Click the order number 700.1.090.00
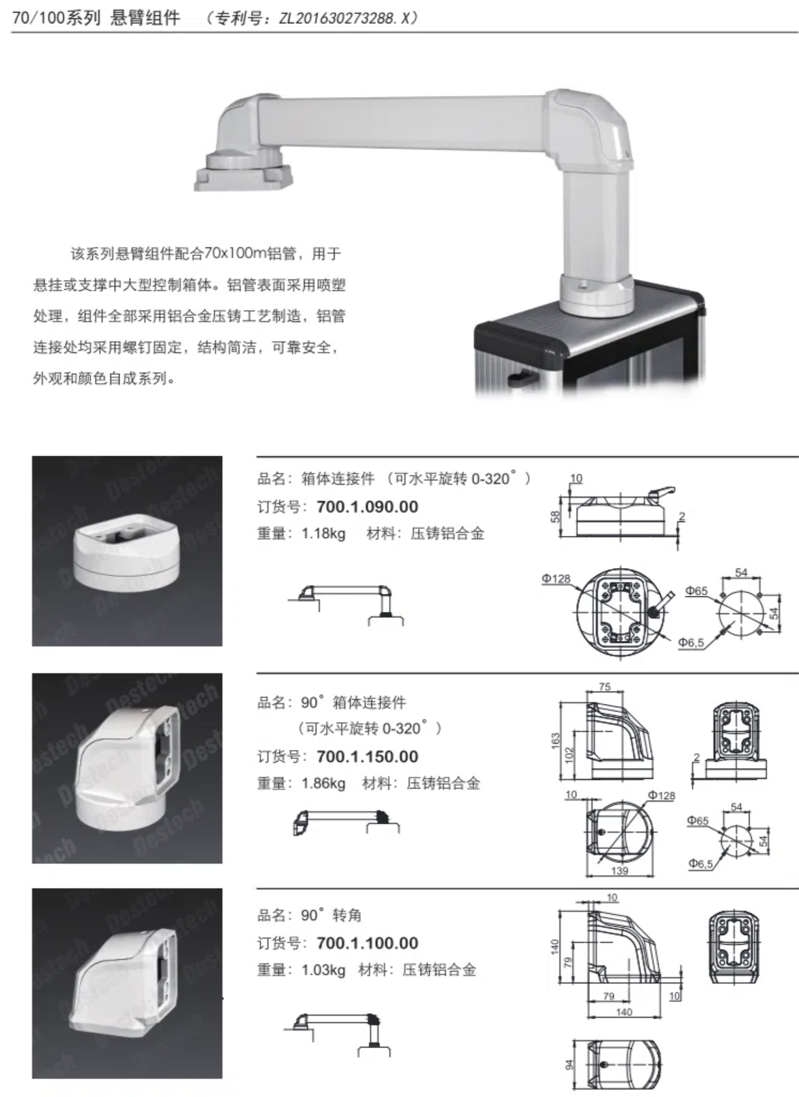[x=367, y=507]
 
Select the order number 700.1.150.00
[x=367, y=757]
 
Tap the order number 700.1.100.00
[x=367, y=943]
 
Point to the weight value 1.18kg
[x=324, y=534]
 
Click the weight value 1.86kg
[x=324, y=783]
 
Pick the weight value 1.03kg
[x=324, y=970]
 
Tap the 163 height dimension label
[x=556, y=740]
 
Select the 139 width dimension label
[x=619, y=870]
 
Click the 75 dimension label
[x=605, y=687]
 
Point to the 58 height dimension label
[x=556, y=516]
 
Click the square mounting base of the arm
[x=244, y=177]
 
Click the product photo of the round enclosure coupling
[x=127, y=551]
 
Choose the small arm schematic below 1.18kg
[x=346, y=605]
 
